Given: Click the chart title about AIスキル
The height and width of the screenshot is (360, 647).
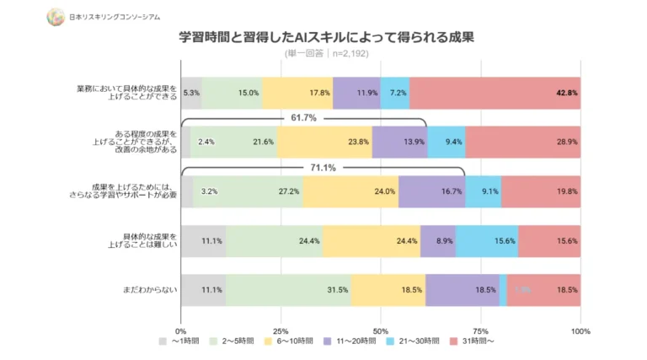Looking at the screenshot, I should coord(326,38).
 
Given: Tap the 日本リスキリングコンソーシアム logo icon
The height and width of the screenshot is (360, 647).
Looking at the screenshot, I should coord(56,15).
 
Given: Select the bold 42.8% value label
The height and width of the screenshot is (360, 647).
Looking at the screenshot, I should coord(566,93).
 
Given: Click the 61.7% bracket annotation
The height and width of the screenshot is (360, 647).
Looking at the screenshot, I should coord(303,118).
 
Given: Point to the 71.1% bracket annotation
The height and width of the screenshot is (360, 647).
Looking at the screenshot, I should coord(323,168).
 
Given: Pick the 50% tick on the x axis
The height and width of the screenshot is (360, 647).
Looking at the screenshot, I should coord(381,331).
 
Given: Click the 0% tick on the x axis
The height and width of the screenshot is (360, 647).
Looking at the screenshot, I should coord(181,331).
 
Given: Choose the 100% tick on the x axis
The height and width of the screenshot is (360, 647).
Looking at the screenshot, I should coord(580,331).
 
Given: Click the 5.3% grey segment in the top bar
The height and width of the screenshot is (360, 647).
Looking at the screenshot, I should coord(191,93).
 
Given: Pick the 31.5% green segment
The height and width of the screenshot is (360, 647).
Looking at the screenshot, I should coord(288,290).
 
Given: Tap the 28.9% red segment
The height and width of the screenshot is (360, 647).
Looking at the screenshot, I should coord(522,142).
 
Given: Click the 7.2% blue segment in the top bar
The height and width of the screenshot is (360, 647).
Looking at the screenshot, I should coord(394,93).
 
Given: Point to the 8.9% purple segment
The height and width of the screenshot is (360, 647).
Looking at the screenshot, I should coord(437,241).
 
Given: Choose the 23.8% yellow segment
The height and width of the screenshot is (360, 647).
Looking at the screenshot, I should coord(323,142).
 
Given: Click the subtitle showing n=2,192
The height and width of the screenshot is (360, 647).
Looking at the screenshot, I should coord(326,53).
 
